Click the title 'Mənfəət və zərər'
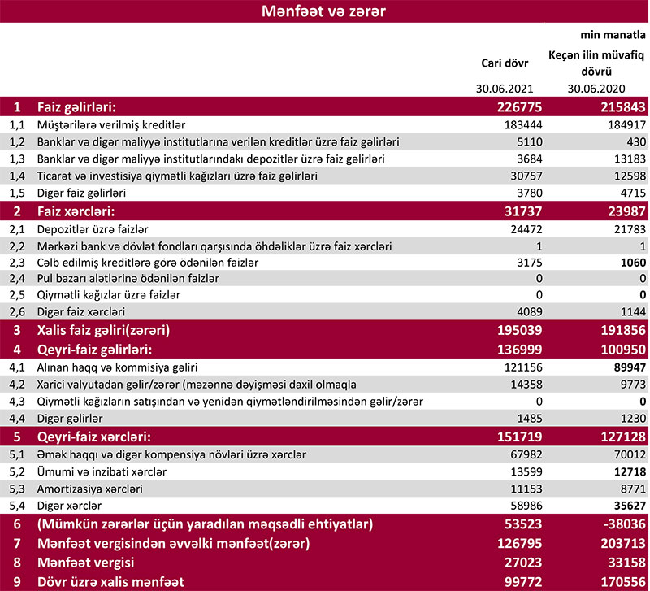coord(323,12)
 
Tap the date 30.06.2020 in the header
coord(596,89)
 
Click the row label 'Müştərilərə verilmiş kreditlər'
coord(113,125)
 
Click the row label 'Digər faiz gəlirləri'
coord(90,193)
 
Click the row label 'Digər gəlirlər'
coord(71,418)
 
